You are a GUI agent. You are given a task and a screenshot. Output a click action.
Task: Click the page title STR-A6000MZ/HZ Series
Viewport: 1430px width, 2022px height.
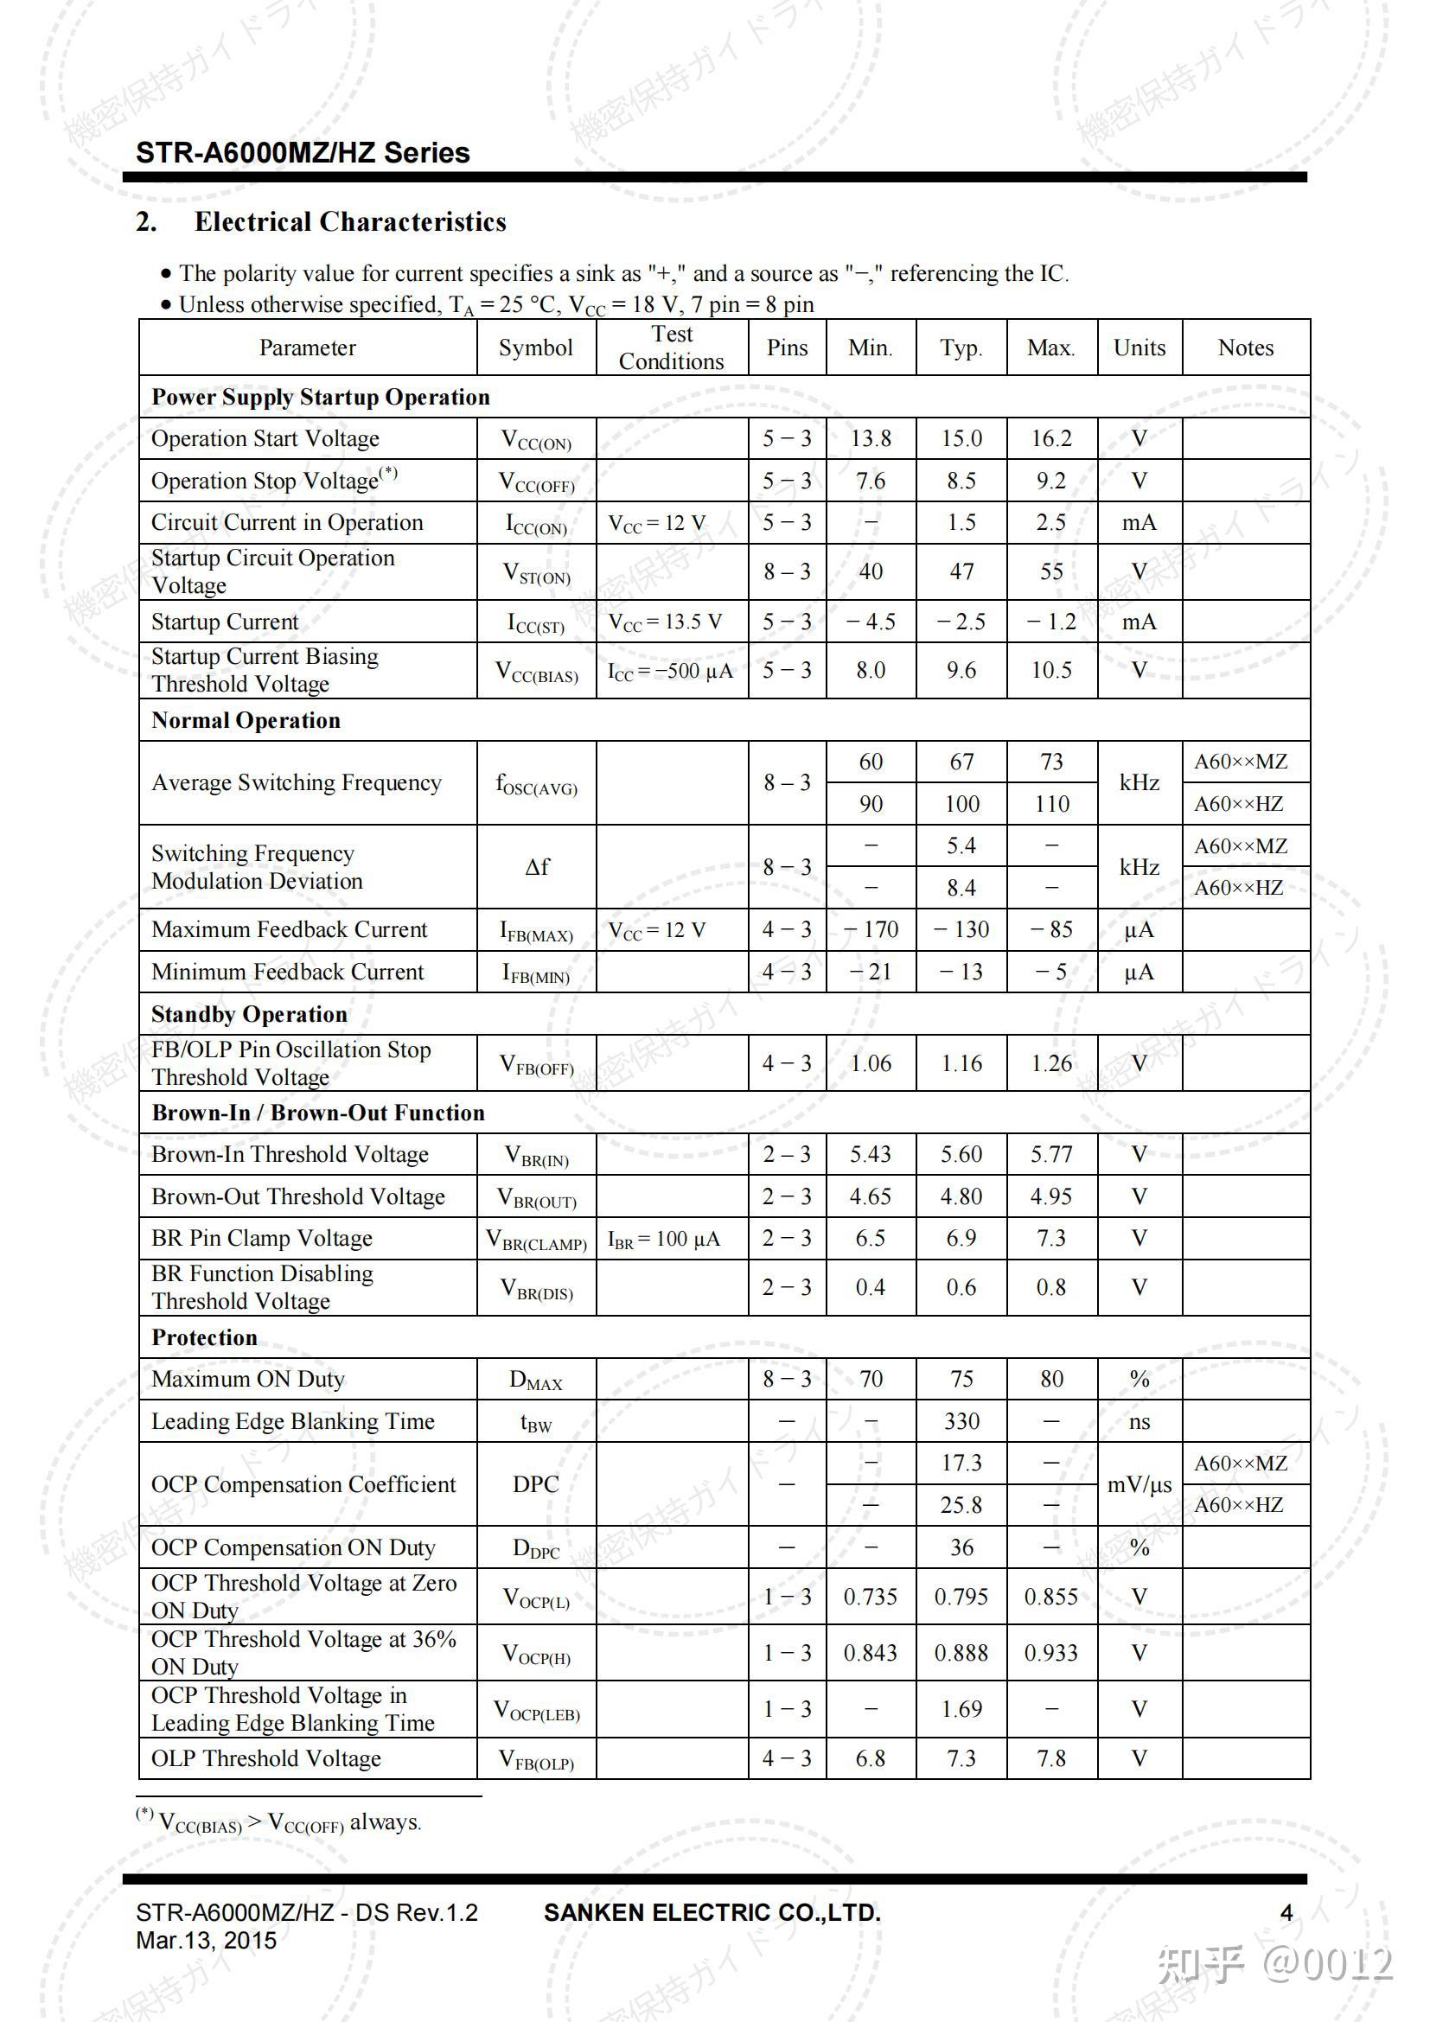tap(302, 153)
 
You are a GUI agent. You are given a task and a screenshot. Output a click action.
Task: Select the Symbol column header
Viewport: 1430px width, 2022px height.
tap(535, 348)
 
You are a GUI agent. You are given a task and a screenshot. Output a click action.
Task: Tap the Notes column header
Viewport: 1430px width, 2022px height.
tap(1245, 348)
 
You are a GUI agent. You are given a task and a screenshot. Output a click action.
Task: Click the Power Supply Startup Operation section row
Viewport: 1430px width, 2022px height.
tap(321, 397)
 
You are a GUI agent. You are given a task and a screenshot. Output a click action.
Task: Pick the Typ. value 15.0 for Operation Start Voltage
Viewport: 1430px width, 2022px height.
tap(961, 438)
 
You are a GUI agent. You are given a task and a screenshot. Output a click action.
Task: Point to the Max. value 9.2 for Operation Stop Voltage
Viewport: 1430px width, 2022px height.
tap(1051, 481)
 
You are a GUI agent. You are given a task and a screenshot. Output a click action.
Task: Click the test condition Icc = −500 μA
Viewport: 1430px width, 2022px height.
tap(671, 671)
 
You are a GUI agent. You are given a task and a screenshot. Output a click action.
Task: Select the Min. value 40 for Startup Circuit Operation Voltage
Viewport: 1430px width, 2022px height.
tap(870, 571)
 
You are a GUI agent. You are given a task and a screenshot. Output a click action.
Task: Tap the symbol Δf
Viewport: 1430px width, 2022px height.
tap(536, 866)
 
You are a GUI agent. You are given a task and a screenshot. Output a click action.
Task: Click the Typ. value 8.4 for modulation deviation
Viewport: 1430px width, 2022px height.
tap(961, 888)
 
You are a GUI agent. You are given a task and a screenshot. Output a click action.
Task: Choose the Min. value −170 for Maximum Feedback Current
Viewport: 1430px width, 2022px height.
tap(870, 930)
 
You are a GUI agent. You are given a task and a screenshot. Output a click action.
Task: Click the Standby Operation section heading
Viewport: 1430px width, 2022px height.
tap(249, 1015)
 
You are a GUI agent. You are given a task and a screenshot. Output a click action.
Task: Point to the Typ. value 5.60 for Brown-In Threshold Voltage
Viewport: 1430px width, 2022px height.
tap(961, 1155)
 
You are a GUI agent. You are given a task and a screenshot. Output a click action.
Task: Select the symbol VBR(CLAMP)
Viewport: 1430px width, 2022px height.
tap(536, 1240)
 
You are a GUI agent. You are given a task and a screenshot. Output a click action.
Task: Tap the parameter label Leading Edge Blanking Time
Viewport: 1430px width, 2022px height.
tap(292, 1421)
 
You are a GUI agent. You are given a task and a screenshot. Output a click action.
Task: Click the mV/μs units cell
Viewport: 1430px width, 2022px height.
tap(1139, 1485)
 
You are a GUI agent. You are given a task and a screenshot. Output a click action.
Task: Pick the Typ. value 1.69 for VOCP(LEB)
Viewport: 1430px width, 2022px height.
tap(961, 1709)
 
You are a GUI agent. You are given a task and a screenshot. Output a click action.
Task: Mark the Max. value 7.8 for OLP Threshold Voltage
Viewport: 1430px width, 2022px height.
tap(1051, 1758)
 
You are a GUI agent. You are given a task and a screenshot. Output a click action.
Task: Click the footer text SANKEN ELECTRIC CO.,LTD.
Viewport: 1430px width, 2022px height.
tap(712, 1913)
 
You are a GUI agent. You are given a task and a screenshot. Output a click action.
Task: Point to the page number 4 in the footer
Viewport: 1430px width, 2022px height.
tap(1286, 1913)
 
